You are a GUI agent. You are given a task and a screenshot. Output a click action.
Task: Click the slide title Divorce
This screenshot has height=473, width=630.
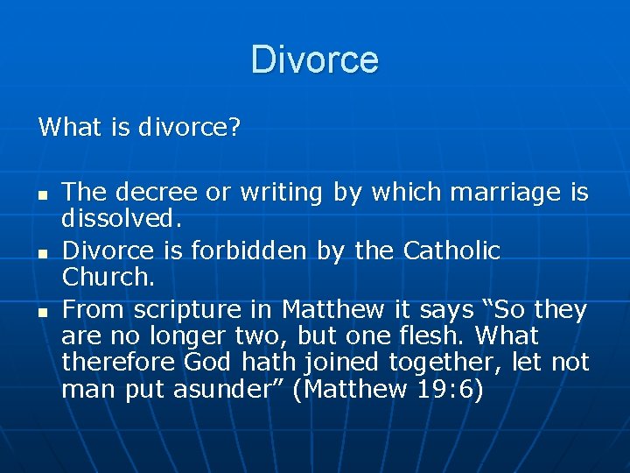[x=314, y=60]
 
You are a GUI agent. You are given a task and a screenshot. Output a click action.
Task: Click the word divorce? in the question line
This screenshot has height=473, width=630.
[x=190, y=128]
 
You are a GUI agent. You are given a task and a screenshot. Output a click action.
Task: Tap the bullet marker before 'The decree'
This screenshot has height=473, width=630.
[x=43, y=193]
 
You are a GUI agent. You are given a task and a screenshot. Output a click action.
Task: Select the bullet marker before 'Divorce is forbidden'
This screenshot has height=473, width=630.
[x=43, y=252]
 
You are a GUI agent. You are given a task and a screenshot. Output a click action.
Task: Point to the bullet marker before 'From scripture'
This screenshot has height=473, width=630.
[x=43, y=311]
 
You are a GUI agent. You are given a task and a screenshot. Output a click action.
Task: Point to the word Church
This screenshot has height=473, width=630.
[x=107, y=278]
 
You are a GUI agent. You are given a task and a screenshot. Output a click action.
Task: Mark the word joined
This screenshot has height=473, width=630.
[x=330, y=362]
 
